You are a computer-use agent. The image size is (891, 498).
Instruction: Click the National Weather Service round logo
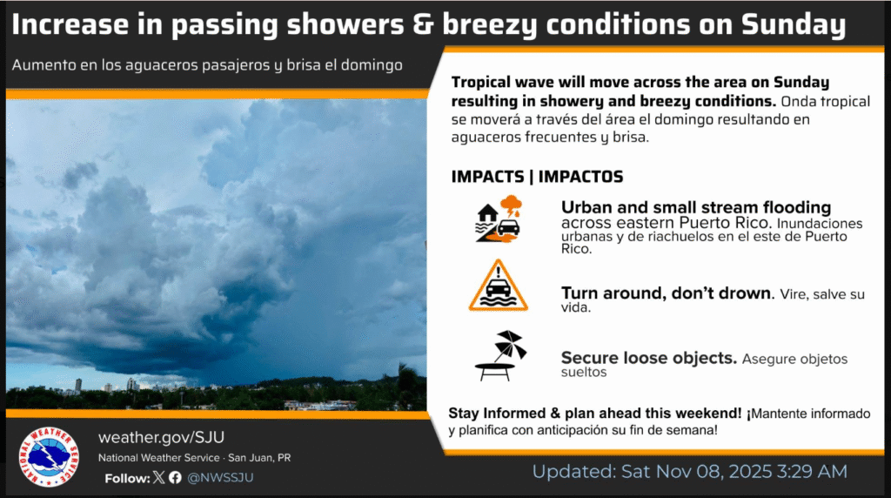coord(49,457)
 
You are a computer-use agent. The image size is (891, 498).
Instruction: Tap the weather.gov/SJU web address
coord(161,437)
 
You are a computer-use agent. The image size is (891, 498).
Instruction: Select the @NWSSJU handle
coord(220,477)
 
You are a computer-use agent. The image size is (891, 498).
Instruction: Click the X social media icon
coord(158,477)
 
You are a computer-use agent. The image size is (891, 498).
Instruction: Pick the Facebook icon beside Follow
coord(175,477)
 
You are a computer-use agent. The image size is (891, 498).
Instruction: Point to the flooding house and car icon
coord(499,219)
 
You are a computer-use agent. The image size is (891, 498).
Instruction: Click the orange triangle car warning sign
coord(499,286)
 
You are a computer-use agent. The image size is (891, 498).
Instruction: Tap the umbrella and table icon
coord(500,356)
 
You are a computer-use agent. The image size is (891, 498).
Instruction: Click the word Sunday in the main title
coord(794,24)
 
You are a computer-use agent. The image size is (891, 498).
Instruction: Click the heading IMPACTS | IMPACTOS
coord(537,177)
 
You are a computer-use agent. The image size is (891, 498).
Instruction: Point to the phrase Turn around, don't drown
coord(667,293)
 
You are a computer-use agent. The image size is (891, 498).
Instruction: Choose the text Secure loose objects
coord(649,358)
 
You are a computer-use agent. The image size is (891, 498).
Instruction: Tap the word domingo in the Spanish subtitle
coord(372,65)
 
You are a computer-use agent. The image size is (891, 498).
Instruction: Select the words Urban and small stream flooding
coord(696,207)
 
